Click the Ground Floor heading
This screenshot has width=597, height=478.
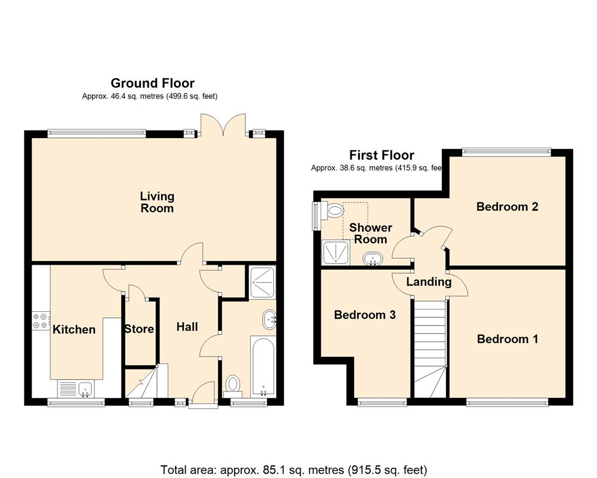tap(152, 83)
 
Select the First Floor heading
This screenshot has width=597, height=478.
tap(381, 155)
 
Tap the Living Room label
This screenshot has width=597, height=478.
tap(157, 202)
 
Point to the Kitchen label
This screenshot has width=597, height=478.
tap(74, 329)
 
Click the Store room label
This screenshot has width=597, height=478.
tap(139, 329)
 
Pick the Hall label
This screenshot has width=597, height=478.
tap(187, 327)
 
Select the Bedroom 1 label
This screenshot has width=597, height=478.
tap(507, 339)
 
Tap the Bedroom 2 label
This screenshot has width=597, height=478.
tap(507, 207)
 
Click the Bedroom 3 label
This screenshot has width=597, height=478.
tap(365, 314)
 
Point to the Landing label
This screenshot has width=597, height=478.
tap(429, 281)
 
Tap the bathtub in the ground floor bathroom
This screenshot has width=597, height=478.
tap(263, 367)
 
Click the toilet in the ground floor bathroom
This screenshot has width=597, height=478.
tap(233, 384)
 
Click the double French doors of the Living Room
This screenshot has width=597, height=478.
tap(223, 124)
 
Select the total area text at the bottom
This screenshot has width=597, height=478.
tap(294, 470)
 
